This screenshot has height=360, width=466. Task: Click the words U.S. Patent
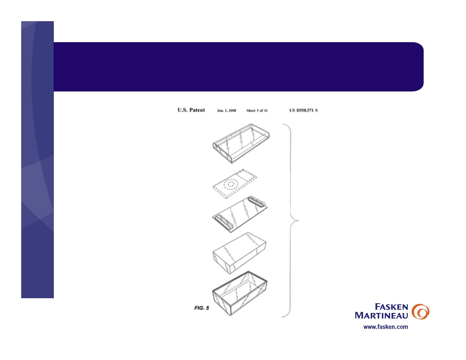click(x=191, y=110)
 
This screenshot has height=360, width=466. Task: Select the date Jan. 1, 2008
click(x=227, y=110)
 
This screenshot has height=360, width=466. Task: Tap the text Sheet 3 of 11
click(x=257, y=110)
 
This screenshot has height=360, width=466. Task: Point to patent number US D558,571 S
click(x=303, y=110)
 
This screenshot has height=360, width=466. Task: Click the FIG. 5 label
click(x=202, y=308)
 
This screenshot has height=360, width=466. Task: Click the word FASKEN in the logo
click(x=391, y=307)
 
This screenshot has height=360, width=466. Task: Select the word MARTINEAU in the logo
click(x=381, y=315)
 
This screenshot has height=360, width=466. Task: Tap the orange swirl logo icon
click(x=420, y=311)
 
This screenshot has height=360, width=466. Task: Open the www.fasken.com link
click(x=386, y=327)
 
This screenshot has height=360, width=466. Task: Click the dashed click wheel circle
click(x=231, y=184)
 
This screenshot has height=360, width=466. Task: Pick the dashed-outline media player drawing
click(x=234, y=184)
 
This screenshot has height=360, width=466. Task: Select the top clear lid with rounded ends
click(x=241, y=144)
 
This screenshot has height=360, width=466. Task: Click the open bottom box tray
click(x=240, y=293)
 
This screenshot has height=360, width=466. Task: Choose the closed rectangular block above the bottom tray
click(x=239, y=253)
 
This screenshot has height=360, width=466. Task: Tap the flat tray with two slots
click(x=240, y=214)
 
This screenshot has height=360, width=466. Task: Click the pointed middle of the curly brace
click(x=298, y=220)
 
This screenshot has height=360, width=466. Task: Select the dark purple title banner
click(x=239, y=67)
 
